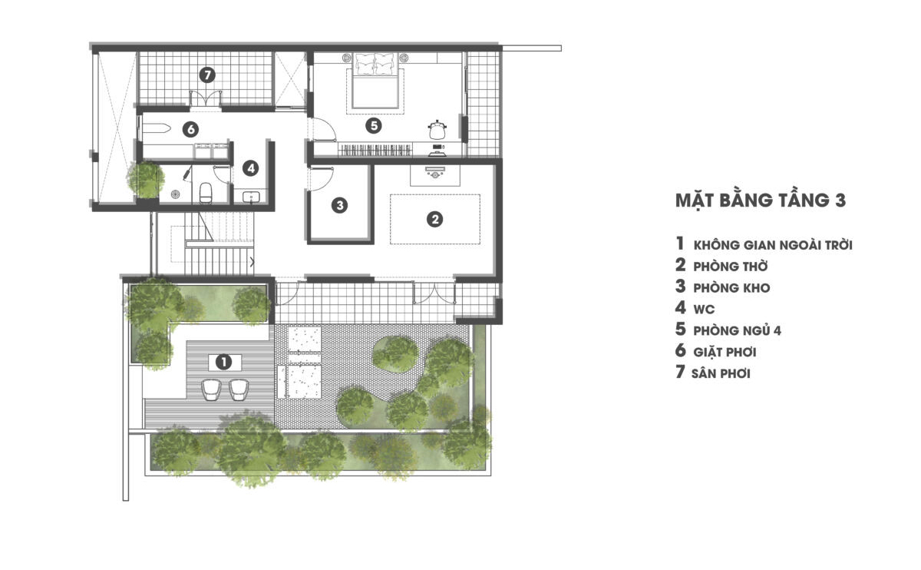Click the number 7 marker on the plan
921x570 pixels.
coord(207,75)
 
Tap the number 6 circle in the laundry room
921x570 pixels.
coord(191,130)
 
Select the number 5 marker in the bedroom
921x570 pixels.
coord(374,125)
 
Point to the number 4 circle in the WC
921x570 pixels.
coord(251,168)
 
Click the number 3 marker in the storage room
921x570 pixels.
coord(339,205)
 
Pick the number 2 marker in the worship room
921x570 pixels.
coord(435,219)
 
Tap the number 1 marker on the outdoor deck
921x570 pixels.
coord(223,362)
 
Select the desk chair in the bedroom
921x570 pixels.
coord(437,130)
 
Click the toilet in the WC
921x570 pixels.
coord(206,193)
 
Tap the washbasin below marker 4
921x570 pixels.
coord(251,197)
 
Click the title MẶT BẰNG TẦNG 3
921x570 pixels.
coord(761,200)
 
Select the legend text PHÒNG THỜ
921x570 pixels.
coord(730,267)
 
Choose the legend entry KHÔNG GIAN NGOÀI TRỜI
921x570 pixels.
coord(773,244)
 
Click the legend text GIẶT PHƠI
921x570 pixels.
coord(725,352)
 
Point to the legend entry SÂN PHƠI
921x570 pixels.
coord(721,373)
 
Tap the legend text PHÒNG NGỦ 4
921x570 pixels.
coord(738,330)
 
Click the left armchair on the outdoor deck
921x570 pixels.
coord(211,389)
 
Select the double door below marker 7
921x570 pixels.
coord(206,99)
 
